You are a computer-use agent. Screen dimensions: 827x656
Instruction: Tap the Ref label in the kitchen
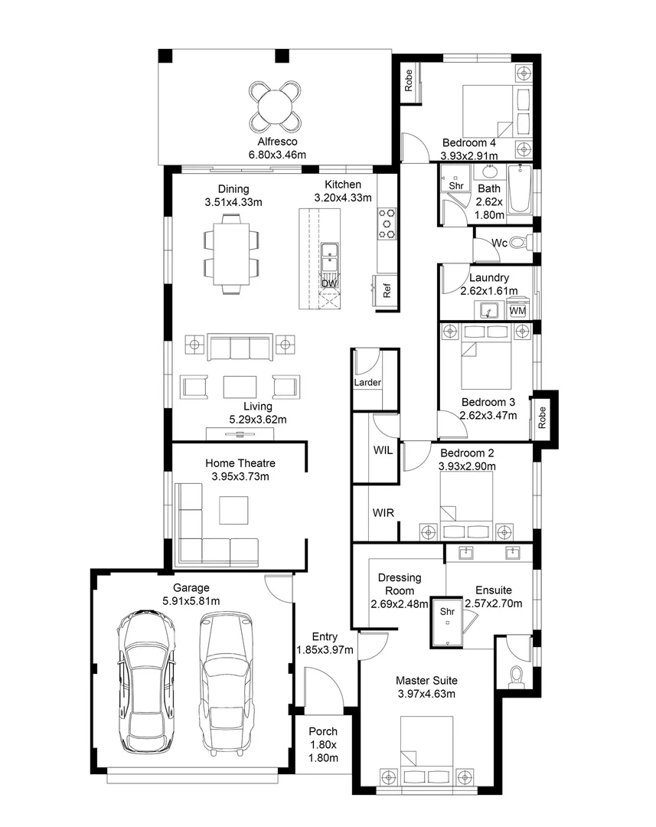click(387, 292)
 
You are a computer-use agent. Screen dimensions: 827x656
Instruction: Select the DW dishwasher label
click(329, 284)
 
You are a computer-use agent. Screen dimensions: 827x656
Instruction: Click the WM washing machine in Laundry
click(517, 310)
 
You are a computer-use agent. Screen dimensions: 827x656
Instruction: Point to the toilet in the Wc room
click(518, 243)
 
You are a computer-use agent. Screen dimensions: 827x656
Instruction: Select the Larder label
click(367, 382)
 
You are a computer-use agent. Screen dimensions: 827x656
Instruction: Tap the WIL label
click(383, 451)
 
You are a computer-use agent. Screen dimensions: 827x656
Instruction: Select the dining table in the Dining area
click(230, 253)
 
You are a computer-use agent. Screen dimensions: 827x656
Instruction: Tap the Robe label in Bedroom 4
click(409, 80)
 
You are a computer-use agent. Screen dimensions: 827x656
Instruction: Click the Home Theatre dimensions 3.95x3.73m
click(240, 476)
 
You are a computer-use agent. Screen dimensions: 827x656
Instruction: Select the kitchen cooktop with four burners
click(387, 224)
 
